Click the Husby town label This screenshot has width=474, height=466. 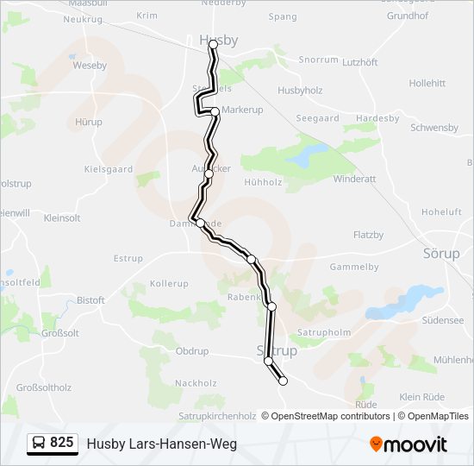(218, 40)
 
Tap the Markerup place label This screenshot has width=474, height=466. (242, 110)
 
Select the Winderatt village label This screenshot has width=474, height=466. (355, 179)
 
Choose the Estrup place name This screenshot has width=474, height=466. (128, 258)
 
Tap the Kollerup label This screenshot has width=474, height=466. (169, 284)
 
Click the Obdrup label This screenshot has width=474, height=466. (192, 351)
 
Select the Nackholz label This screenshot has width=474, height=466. (196, 383)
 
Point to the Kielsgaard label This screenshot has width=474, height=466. (109, 170)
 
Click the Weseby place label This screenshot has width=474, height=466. (90, 65)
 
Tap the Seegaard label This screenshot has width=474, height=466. (317, 118)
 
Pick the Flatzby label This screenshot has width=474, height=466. (368, 235)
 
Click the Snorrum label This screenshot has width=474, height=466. (318, 60)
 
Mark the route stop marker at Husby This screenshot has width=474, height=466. (214, 45)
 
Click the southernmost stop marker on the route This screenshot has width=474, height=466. (283, 381)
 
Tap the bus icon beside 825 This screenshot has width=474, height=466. (40, 444)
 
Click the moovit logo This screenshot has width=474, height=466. (409, 444)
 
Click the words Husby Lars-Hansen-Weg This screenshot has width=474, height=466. (161, 444)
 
